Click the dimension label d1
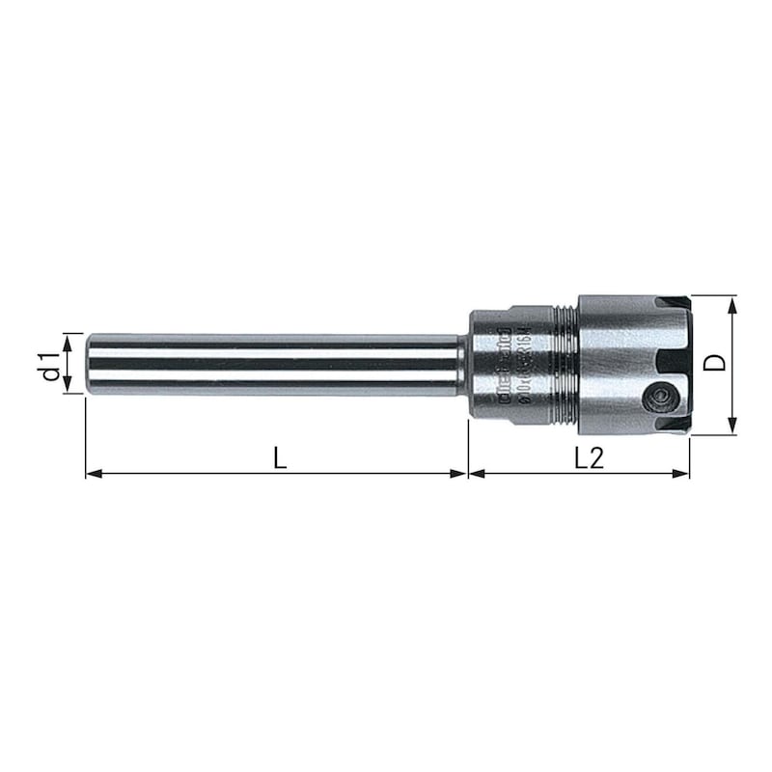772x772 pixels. [49, 364]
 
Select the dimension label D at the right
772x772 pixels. [714, 364]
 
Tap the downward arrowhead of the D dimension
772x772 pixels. [732, 427]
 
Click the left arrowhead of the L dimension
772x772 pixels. [93, 474]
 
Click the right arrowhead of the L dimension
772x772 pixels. [460, 474]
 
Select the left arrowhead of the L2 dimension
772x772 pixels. [476, 474]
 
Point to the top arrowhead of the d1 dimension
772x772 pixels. [67, 339]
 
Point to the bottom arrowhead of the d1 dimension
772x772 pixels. [67, 387]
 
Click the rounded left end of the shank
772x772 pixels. [90, 364]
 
